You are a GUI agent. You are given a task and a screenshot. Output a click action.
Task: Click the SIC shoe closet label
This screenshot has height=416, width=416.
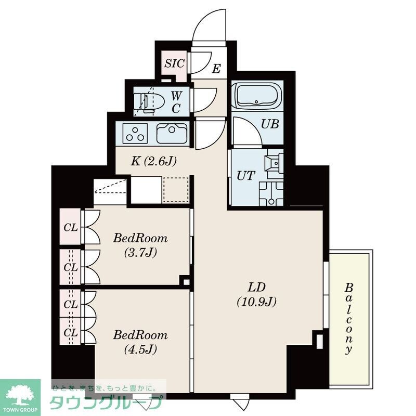[x=174, y=64]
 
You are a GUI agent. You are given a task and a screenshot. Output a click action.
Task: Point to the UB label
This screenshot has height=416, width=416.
[x=270, y=124]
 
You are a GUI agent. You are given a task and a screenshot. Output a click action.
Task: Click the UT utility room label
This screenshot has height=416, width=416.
[x=246, y=175]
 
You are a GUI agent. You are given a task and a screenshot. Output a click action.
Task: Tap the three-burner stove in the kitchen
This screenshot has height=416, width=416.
[x=136, y=134]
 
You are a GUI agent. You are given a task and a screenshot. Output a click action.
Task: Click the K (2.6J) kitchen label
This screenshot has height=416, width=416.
[x=153, y=161]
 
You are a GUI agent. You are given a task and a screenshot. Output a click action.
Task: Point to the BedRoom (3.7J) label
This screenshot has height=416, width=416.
[x=140, y=245]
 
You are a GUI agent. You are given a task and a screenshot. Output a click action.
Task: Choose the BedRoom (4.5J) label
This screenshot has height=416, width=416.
[x=140, y=341]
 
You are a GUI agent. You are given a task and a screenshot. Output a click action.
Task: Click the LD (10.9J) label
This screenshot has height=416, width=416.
[x=256, y=293]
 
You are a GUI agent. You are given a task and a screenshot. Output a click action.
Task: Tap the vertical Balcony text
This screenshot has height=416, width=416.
[x=349, y=318]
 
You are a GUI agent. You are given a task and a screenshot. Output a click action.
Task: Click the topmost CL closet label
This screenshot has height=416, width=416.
[x=70, y=227]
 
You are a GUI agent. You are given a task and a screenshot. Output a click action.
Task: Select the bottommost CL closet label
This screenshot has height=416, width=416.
[x=70, y=332]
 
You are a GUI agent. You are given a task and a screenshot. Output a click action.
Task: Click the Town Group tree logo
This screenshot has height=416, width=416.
[x=20, y=394]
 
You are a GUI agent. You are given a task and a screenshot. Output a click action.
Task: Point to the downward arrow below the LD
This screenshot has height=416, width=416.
[x=240, y=404]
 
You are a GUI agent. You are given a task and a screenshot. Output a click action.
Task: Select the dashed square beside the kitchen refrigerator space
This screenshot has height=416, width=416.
[x=176, y=190]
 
